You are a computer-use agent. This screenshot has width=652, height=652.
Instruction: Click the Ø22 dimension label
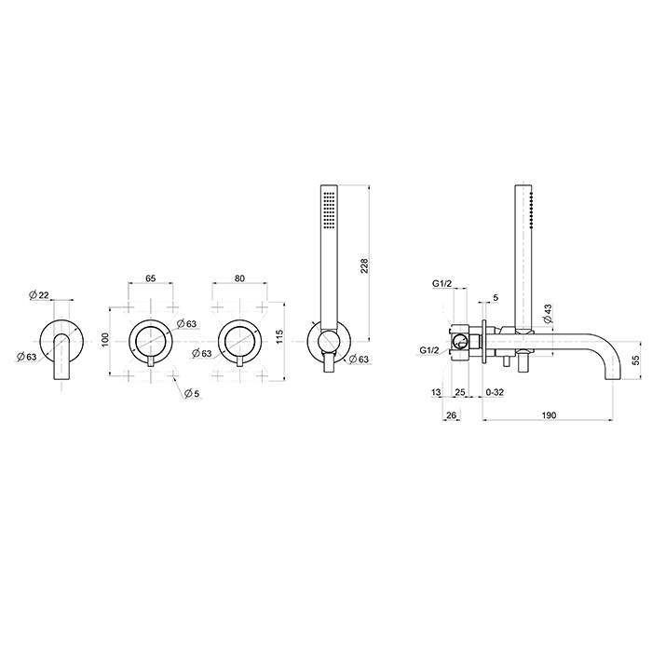39,295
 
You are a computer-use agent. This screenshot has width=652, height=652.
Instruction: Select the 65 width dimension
151,278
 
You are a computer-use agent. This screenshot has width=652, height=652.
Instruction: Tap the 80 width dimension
239,278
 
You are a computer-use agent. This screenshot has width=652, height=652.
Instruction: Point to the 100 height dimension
104,341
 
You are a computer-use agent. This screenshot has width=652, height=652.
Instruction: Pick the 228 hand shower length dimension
364,266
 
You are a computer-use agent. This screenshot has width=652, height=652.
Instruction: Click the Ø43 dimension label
548,314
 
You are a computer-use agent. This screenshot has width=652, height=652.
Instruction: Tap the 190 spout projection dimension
549,415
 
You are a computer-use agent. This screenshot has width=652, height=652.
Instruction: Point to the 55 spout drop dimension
636,360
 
